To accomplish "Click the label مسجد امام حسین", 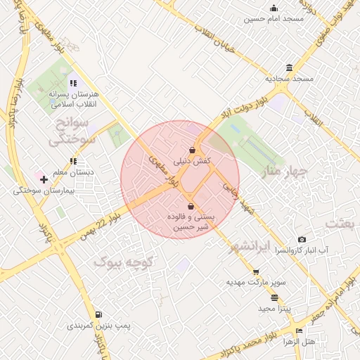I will [x=274, y=19].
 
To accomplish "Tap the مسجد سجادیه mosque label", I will [x=283, y=78].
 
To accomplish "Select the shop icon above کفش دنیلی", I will [x=192, y=150].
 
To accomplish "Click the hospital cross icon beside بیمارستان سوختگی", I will [x=44, y=180].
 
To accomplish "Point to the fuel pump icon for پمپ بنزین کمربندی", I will [x=98, y=314].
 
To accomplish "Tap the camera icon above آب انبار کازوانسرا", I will [x=302, y=240].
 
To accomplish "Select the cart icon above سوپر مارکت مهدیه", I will [x=256, y=272].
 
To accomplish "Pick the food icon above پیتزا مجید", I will [x=274, y=297].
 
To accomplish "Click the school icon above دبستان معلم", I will [x=74, y=161].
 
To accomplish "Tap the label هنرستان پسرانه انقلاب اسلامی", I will [x=77, y=98].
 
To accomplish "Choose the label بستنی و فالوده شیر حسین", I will [x=191, y=221].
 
